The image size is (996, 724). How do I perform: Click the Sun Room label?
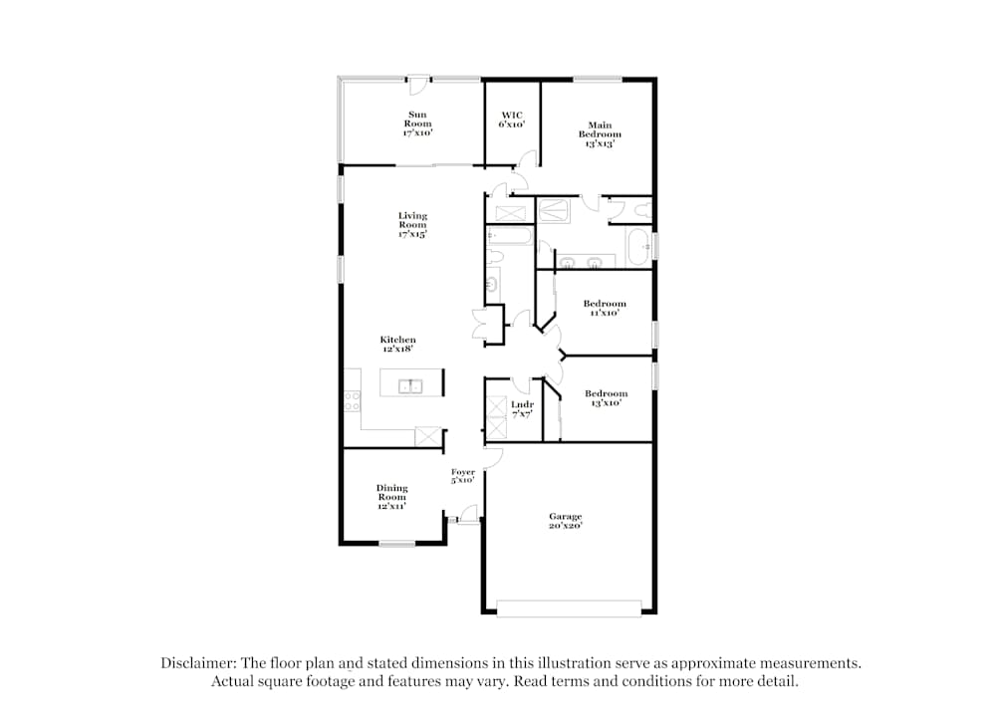pos(417,123)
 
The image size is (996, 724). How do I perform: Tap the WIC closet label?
pos(512,120)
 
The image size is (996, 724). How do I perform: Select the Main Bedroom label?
pos(600,134)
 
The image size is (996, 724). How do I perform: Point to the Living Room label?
pos(412,225)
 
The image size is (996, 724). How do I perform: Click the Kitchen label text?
pos(397,344)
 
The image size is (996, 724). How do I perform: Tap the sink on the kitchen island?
pos(410,385)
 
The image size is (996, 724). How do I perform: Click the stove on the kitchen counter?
pos(353,400)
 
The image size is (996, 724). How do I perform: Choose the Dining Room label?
pos(391,497)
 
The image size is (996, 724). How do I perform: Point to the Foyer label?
pos(463,476)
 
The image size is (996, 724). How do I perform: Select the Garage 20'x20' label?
pos(566,521)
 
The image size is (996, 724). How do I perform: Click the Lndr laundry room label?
pos(522,409)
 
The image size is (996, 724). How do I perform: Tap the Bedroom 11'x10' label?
pos(605,308)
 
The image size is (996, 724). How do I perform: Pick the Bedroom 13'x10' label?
pos(606,398)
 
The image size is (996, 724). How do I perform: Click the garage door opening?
pos(569,608)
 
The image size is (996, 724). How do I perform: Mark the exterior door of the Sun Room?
pos(418,86)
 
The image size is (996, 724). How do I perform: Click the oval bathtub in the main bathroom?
pos(637,246)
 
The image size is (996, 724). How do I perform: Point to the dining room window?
pos(397,543)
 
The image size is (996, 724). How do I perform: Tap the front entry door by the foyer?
pos(469,515)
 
